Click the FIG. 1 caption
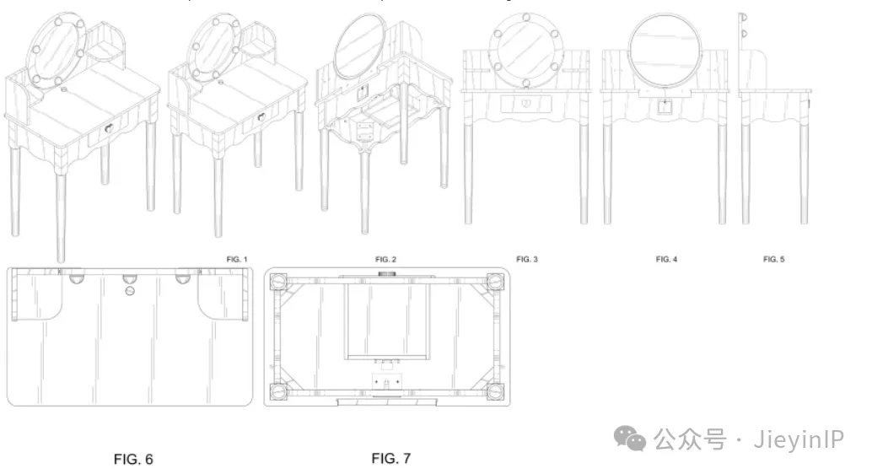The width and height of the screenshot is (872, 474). (x=237, y=259)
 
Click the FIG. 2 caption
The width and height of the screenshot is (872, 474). (x=385, y=259)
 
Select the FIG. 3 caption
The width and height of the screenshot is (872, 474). (x=526, y=259)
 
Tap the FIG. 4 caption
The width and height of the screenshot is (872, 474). (x=666, y=259)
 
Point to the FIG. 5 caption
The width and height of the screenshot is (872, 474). (x=773, y=259)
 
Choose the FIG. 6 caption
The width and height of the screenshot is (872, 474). (x=133, y=459)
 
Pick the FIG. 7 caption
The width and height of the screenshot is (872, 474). (x=391, y=459)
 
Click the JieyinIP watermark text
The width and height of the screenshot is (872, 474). (x=799, y=439)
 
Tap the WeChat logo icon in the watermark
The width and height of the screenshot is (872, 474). (x=629, y=438)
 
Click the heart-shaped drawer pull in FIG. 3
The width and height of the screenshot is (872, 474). (x=526, y=103)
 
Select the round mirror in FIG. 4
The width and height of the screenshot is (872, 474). (x=665, y=50)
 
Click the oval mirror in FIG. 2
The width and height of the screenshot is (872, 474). (x=360, y=46)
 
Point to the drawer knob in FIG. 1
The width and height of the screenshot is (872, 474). (x=109, y=128)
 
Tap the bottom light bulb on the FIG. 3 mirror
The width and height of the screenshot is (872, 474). (x=526, y=84)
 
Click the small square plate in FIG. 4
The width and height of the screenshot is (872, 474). (x=665, y=106)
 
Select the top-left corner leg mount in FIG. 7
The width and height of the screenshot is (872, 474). (x=278, y=282)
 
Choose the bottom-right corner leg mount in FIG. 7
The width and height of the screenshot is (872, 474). (x=495, y=391)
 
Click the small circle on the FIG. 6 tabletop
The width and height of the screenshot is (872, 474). (x=130, y=291)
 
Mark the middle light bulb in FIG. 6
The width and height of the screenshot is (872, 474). (x=130, y=278)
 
